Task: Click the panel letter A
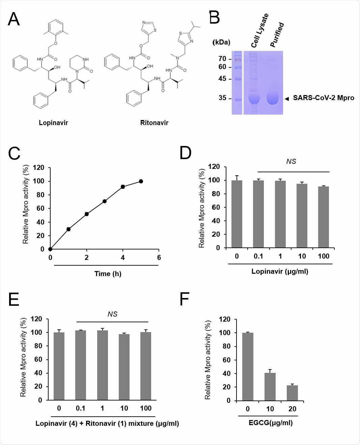click(14, 19)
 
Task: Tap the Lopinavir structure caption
click(53, 123)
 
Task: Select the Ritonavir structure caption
click(154, 123)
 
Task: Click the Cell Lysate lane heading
click(260, 31)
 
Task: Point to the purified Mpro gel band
click(273, 99)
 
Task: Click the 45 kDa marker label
click(222, 79)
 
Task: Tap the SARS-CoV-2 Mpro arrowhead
click(287, 99)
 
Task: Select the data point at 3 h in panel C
click(105, 201)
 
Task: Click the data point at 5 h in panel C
click(141, 181)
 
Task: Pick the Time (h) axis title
click(108, 274)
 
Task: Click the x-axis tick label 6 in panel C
click(159, 258)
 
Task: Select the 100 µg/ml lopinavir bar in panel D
click(323, 217)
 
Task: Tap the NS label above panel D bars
click(291, 161)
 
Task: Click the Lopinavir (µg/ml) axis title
click(280, 271)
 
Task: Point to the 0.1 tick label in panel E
click(80, 408)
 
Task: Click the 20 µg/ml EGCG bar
click(292, 393)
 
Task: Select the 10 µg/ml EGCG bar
click(270, 387)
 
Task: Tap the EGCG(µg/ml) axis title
click(271, 423)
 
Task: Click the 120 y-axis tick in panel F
click(225, 319)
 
